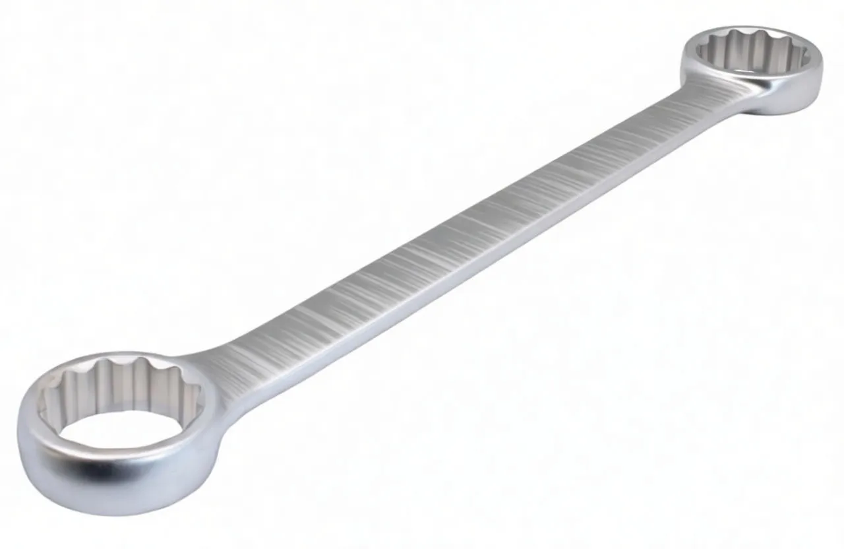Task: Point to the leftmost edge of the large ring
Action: [x=18, y=449]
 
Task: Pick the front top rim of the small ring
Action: [x=758, y=76]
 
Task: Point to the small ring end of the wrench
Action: [x=752, y=66]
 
